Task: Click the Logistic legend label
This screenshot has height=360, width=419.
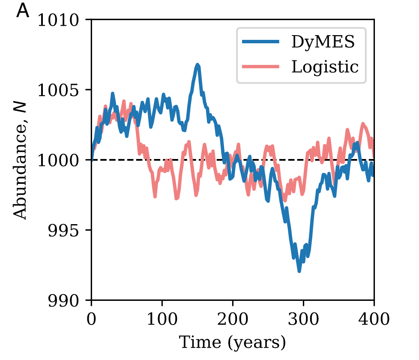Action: pos(325,66)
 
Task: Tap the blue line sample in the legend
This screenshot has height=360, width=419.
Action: pos(261,42)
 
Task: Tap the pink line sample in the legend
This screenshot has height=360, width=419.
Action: pos(261,66)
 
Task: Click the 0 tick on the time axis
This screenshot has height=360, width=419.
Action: pos(92,319)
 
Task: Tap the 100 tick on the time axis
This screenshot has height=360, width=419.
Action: pos(162,319)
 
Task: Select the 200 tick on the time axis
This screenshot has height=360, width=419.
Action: pos(233,319)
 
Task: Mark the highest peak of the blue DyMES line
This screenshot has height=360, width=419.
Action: pos(198,65)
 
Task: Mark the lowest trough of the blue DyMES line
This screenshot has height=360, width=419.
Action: pos(299,271)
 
